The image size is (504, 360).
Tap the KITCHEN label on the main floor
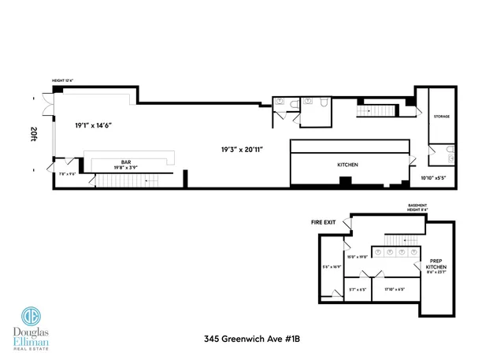(x=348, y=165)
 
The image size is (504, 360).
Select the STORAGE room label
(x=441, y=116)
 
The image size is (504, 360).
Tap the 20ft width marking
(x=34, y=133)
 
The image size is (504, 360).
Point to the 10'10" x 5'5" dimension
(x=432, y=179)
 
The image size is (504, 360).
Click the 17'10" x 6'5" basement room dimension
(x=395, y=289)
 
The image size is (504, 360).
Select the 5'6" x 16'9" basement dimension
(x=331, y=266)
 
